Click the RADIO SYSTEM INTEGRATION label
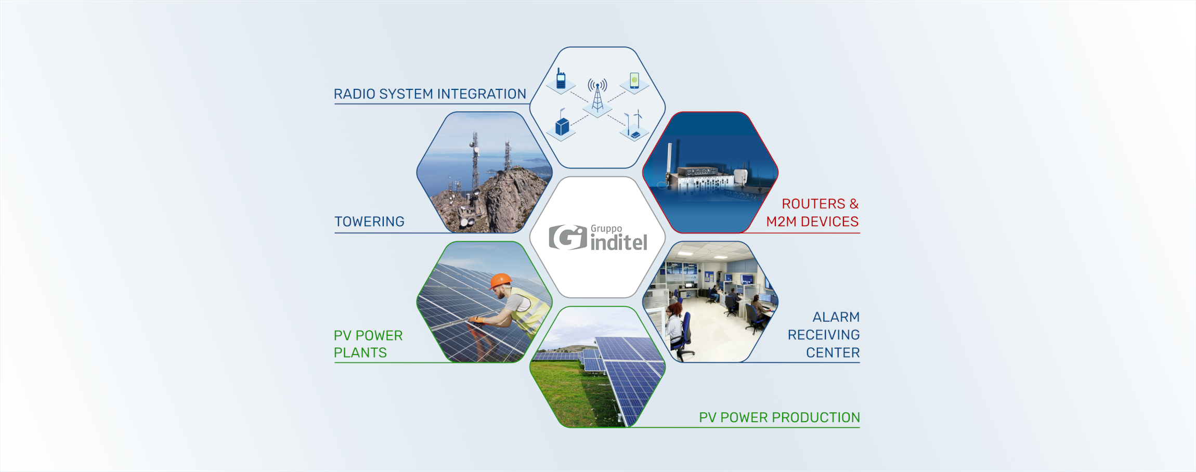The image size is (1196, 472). click(x=430, y=94)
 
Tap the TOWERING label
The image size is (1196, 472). click(x=369, y=222)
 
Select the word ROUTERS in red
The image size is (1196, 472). click(x=814, y=204)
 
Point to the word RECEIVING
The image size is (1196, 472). click(x=824, y=335)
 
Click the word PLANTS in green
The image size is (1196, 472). click(x=360, y=353)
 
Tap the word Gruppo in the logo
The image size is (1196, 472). click(x=606, y=229)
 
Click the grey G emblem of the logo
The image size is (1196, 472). click(x=568, y=237)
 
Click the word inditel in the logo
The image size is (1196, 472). click(x=619, y=242)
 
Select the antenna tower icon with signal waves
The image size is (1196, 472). click(x=597, y=95)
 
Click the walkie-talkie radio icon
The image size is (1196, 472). click(x=561, y=78)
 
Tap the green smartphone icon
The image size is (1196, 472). click(x=634, y=80)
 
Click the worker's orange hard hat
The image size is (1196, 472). click(x=500, y=281)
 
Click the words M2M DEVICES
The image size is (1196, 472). click(x=812, y=222)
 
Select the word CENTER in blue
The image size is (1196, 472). click(x=833, y=353)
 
